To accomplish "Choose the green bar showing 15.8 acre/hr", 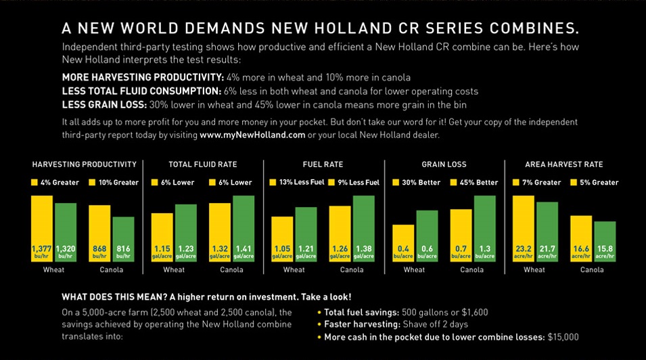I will point(605,241).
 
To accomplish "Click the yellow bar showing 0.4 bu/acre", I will point(403,242).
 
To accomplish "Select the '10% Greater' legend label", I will point(118,183).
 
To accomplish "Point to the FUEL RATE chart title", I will point(323,164).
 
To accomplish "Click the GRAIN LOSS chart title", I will point(444,164).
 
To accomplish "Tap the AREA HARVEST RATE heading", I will point(563,164).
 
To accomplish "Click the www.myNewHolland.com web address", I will point(252,135).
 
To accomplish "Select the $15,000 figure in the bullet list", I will point(563,336).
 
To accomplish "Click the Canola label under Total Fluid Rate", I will point(232,270).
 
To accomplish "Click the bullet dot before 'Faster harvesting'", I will point(319,325).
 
